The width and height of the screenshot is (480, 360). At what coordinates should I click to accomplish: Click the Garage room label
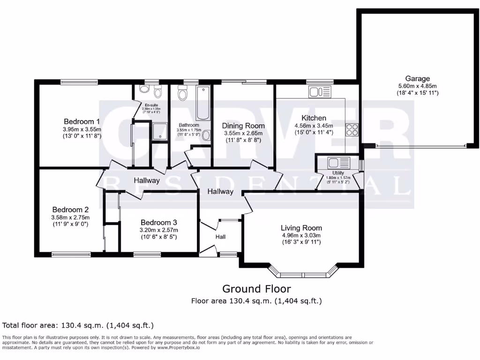(x=417, y=79)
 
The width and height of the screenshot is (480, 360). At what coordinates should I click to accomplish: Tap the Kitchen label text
(x=314, y=118)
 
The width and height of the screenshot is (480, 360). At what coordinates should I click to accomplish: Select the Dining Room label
(x=243, y=126)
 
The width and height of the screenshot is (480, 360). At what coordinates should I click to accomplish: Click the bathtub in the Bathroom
(x=203, y=103)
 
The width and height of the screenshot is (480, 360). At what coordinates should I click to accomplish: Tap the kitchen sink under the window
(x=320, y=91)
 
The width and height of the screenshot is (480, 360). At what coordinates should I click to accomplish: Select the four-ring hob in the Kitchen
(x=352, y=129)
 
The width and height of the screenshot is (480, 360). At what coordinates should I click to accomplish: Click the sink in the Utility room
(x=338, y=163)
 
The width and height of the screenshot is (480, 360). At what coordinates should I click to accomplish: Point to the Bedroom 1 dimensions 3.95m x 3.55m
(x=82, y=129)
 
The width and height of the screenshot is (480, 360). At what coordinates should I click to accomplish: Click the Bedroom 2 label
(x=70, y=210)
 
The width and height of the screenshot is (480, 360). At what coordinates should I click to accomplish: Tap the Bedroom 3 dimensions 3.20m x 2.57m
(x=159, y=230)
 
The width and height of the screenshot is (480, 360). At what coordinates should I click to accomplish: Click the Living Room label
(x=301, y=228)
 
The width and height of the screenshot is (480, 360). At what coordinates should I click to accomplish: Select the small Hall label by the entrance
(x=220, y=237)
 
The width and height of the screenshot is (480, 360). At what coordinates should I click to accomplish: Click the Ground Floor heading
(x=256, y=289)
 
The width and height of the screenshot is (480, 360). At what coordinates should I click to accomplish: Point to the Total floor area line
(x=78, y=325)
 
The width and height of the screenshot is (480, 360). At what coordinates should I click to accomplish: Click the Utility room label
(x=338, y=173)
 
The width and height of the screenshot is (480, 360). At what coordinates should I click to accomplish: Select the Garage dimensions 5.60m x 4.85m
(x=417, y=86)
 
